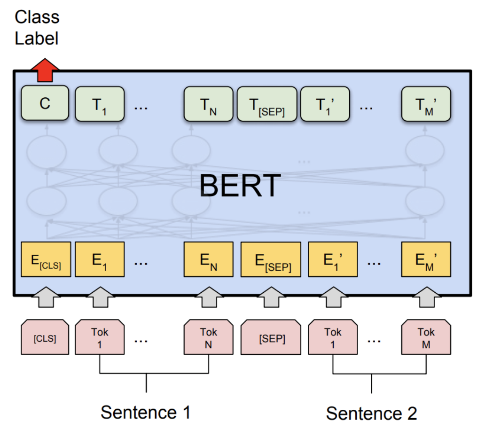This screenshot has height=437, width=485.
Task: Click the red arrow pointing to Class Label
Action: [45, 70]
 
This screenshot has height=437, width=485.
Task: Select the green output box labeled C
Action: [45, 103]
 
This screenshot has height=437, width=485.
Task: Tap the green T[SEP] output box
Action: [267, 104]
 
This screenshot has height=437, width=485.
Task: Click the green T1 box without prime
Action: [100, 104]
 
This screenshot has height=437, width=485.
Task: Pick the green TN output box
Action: [208, 104]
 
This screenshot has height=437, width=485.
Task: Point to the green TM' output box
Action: [426, 104]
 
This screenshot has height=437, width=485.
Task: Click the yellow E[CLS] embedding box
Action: [46, 259]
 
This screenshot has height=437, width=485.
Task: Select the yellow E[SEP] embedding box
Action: [271, 259]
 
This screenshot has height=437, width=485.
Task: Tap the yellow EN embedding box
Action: [208, 259]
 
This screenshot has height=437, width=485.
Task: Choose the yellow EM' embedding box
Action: [426, 259]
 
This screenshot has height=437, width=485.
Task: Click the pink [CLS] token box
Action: [45, 338]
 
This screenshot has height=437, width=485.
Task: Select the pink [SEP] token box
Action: [272, 338]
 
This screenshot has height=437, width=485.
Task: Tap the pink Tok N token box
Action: [208, 338]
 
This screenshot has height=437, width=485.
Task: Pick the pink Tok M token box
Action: [426, 338]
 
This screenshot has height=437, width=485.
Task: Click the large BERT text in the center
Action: [240, 186]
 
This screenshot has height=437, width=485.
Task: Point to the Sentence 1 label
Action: [146, 413]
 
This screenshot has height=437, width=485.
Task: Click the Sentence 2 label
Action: [371, 414]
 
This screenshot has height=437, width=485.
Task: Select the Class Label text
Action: [37, 28]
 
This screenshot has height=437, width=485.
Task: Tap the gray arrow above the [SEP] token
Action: [272, 297]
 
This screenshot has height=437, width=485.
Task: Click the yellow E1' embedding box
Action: [332, 259]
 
